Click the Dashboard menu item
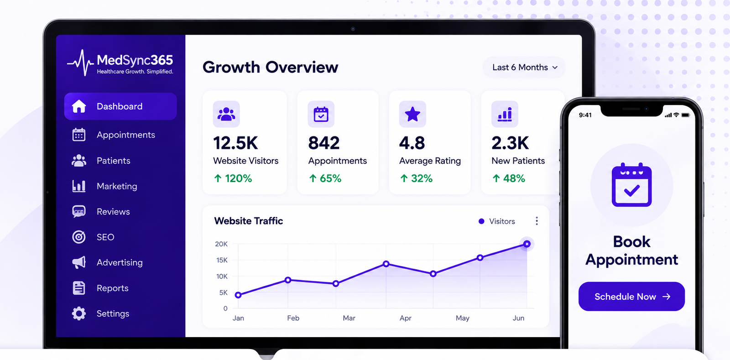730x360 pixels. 120,106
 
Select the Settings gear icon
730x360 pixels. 79,313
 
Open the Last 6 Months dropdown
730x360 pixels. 524,68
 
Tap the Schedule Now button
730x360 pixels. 631,297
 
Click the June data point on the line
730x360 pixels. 527,244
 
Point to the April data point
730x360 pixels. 386,264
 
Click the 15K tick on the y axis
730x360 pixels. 222,260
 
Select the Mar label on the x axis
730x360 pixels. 349,318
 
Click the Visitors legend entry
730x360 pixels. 497,221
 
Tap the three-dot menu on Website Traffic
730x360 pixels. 537,221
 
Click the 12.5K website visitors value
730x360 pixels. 235,143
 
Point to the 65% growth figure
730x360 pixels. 325,178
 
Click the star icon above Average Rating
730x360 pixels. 412,114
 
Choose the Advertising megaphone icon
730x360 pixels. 79,262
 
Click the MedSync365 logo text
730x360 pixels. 135,60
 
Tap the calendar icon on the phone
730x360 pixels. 631,185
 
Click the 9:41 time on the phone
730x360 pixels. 585,115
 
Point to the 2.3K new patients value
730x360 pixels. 510,143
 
